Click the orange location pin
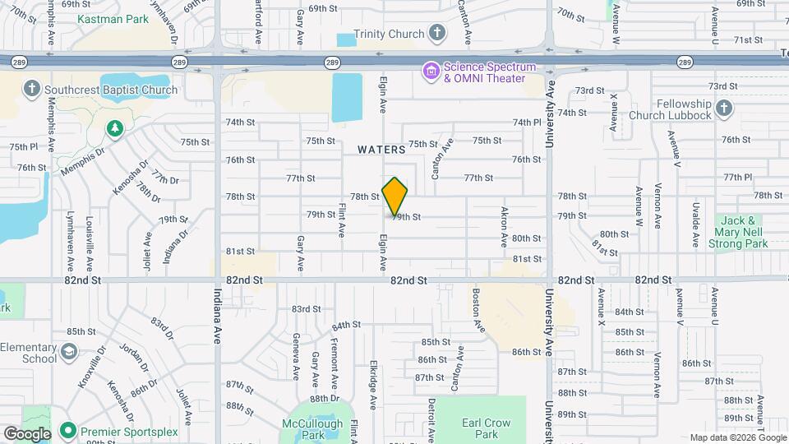(394, 196)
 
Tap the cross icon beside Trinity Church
(437, 34)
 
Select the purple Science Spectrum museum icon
(431, 72)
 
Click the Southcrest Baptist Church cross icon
(32, 90)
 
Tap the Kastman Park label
(113, 18)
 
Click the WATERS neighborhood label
(381, 150)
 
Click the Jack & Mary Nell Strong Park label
(744, 232)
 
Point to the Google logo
(26, 434)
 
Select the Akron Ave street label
(505, 226)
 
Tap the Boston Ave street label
(478, 310)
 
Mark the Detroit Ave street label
(431, 416)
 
